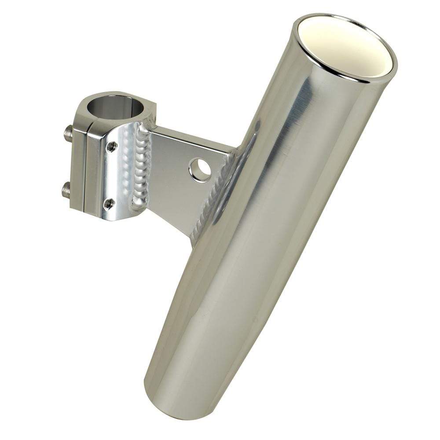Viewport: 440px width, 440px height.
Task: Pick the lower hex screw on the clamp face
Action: [x=109, y=203]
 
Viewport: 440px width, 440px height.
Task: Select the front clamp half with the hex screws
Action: [x=110, y=176]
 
